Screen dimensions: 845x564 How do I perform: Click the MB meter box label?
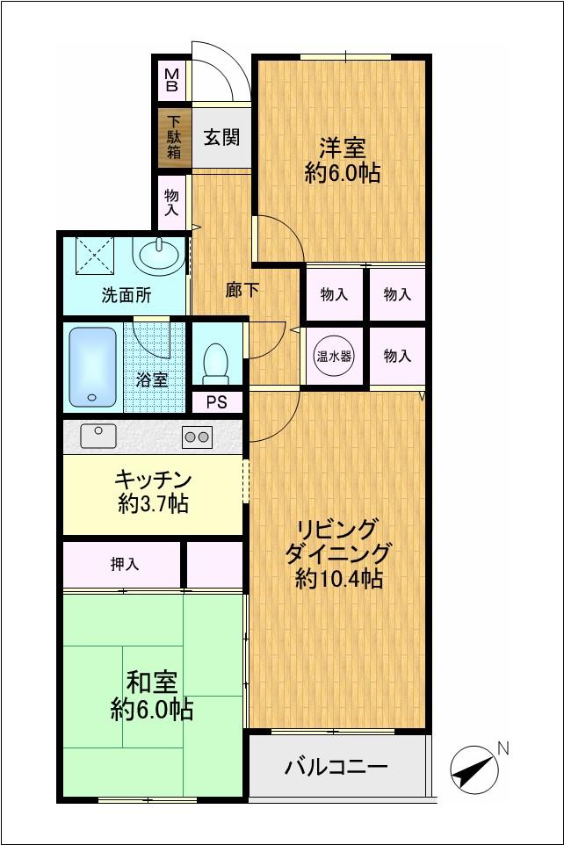coord(172,80)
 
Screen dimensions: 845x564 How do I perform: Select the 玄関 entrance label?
coord(221,137)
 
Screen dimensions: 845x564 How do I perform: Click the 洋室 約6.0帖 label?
coord(342,160)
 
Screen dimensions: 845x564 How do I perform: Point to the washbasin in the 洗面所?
coord(160,256)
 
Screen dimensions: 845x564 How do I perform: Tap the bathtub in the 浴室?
coord(93,366)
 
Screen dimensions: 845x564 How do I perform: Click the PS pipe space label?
coord(216,402)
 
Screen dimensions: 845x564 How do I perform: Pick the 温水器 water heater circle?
coord(334,356)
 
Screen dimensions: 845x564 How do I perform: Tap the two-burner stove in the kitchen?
coord(197,436)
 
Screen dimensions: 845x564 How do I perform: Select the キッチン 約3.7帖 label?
coord(154,491)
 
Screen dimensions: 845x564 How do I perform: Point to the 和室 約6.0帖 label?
coord(152,695)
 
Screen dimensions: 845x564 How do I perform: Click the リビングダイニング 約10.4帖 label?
coord(338,554)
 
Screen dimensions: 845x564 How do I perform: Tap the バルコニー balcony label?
coord(336,767)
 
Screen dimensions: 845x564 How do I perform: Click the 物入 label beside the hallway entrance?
coord(171,203)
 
